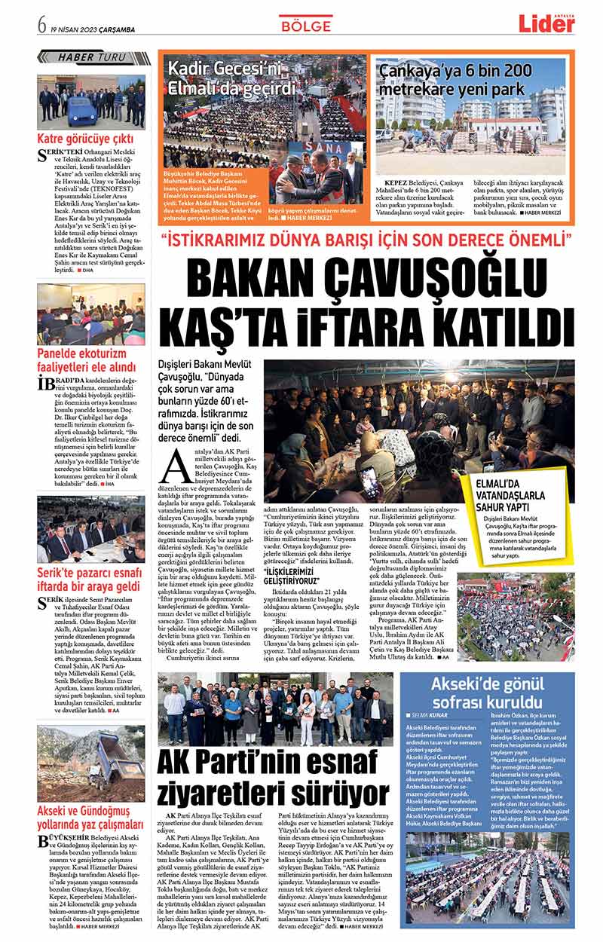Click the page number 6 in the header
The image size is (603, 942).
43,25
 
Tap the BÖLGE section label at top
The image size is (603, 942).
305,26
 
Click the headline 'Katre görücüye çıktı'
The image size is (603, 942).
85,139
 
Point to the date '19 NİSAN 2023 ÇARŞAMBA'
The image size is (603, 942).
93,26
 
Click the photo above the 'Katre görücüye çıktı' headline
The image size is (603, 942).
90,101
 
